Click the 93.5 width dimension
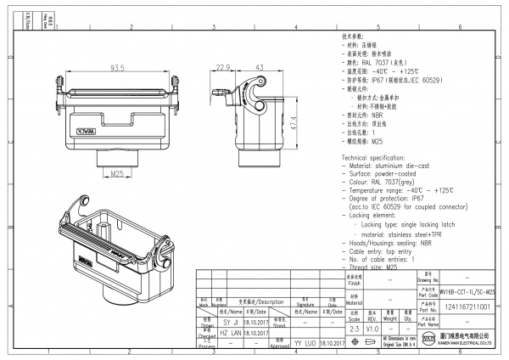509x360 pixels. click(x=117, y=68)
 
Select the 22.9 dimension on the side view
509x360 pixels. click(x=223, y=67)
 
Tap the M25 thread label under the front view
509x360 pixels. click(x=117, y=174)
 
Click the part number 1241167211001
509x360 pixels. click(x=467, y=306)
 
